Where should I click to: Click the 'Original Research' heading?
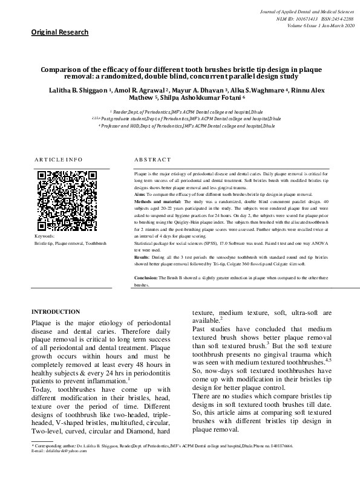click(x=60, y=32)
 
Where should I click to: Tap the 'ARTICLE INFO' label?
click(x=58, y=160)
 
